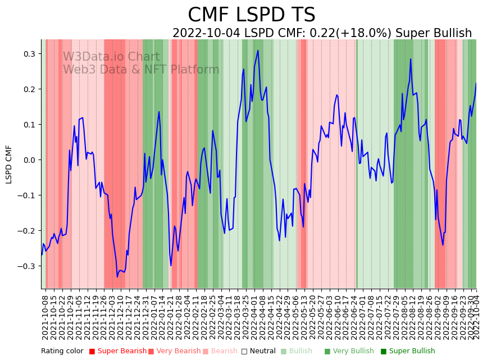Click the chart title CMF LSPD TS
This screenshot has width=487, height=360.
point(251,15)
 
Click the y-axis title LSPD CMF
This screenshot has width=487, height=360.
point(9,164)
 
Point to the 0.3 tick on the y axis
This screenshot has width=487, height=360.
point(29,54)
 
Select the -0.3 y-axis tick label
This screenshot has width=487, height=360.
point(27,266)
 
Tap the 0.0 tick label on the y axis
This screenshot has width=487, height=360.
point(29,160)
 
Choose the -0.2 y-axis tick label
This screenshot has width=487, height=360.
point(27,231)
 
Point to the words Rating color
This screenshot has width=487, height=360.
point(62,352)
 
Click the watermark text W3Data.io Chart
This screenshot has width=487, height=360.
point(111,57)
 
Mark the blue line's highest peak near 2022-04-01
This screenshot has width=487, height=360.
point(258,51)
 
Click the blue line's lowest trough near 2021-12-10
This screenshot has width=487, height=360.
point(117,276)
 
